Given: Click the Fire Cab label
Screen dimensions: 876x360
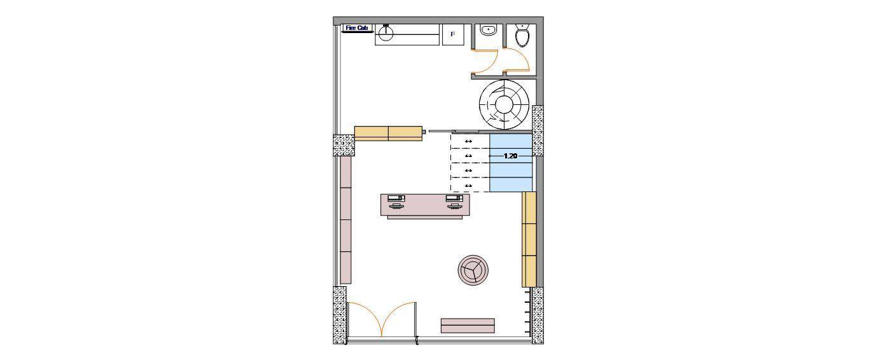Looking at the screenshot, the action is [357, 28].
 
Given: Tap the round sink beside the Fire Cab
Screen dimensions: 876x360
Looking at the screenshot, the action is [386, 33].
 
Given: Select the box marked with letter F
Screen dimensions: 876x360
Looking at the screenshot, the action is [453, 34].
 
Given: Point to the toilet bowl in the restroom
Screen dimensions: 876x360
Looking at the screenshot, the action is [522, 35].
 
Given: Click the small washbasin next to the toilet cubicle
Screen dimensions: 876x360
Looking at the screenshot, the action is [488, 30].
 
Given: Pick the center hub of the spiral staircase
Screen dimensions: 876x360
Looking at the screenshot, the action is [504, 104].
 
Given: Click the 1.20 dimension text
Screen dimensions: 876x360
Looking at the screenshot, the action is [510, 156].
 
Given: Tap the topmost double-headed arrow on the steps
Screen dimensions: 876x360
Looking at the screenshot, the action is [468, 141].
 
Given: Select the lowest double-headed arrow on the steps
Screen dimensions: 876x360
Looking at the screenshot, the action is [468, 186].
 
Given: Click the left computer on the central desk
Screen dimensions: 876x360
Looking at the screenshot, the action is [396, 201].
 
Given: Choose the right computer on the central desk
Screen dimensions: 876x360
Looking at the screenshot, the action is [454, 201].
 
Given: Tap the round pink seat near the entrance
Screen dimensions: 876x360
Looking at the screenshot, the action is [473, 270].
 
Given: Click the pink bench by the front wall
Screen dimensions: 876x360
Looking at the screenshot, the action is [468, 326].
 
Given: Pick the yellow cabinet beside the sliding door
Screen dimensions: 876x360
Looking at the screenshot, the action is [388, 134].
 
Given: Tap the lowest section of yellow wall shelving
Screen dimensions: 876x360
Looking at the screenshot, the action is [529, 271].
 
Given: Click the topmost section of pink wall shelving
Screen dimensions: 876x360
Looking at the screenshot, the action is [345, 172].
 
